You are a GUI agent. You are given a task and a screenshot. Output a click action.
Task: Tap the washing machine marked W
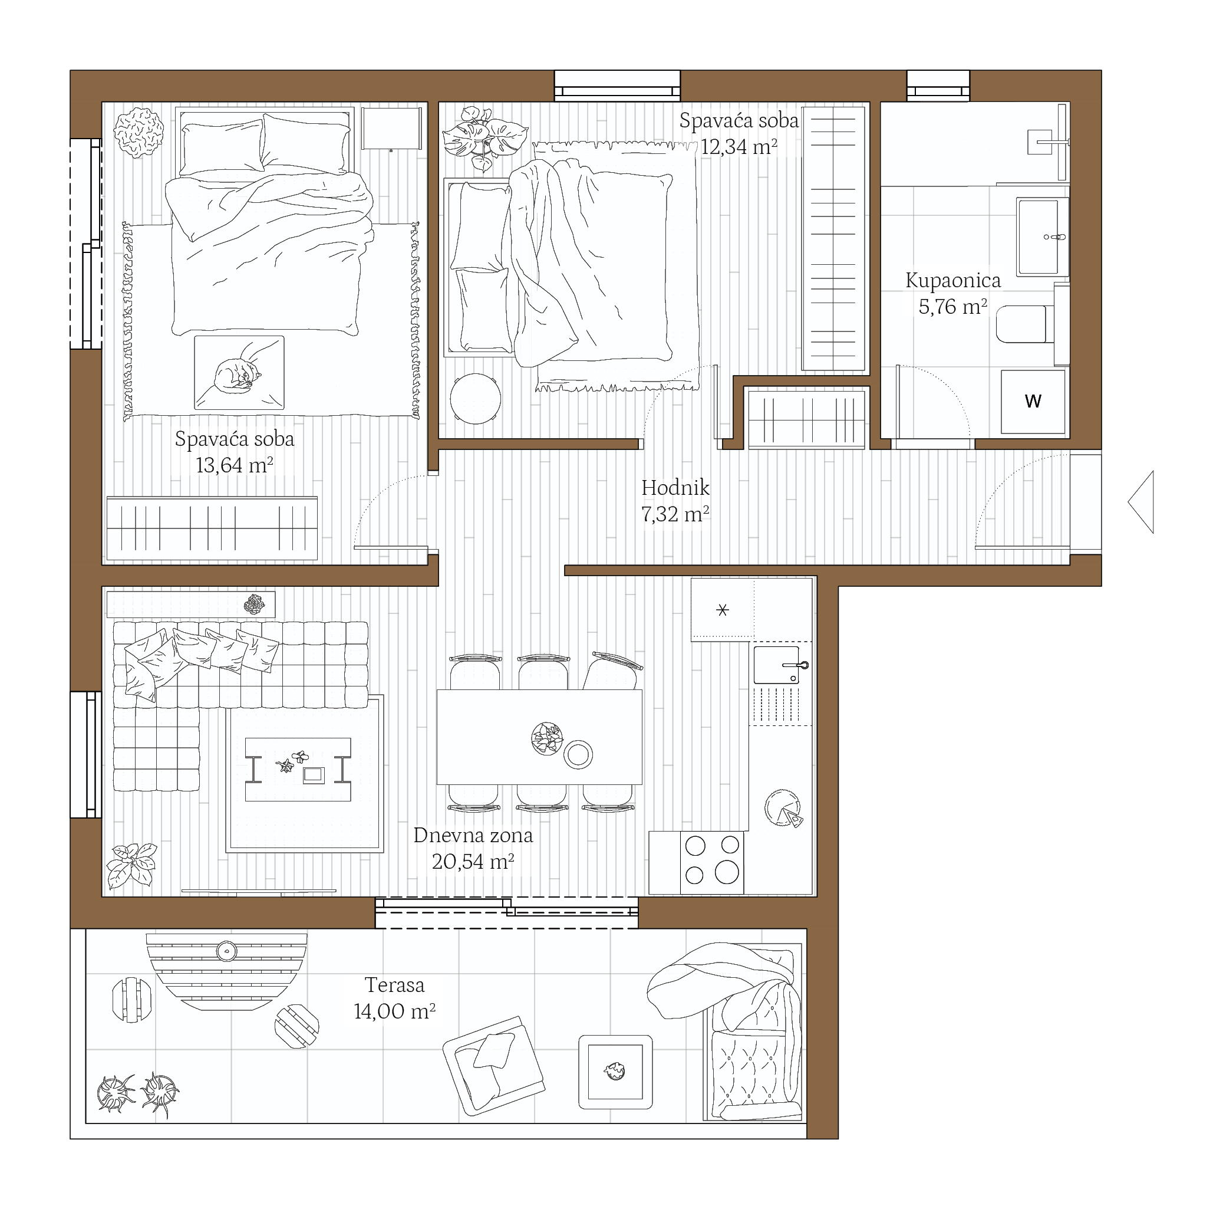point(1033,402)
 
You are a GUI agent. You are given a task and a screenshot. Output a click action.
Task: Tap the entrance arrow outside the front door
point(1140,501)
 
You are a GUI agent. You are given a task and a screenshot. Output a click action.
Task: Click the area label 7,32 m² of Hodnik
point(675,514)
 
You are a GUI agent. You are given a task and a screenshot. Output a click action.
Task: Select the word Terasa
point(394,985)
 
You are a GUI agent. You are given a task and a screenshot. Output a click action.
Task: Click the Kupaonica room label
point(952,281)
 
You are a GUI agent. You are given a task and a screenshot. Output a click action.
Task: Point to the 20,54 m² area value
point(473,861)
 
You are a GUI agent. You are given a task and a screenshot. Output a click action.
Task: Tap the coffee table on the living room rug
point(298,769)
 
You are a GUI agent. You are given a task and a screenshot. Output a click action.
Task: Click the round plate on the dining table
point(578,754)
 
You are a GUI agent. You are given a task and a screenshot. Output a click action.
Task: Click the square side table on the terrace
point(615,1072)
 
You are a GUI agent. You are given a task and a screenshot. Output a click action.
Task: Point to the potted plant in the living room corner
point(131,865)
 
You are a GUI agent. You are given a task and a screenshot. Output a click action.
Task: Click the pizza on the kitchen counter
point(784,807)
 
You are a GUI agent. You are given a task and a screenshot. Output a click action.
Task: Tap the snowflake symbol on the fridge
point(722,610)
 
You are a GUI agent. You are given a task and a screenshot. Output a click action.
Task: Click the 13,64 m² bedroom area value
point(234,465)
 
